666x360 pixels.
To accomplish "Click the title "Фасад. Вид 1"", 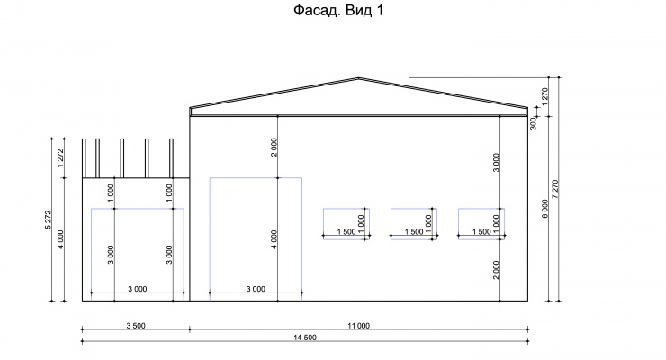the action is click(338, 10).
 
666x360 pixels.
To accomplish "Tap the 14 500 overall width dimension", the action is click(305, 337).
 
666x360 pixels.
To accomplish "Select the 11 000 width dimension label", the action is click(359, 326).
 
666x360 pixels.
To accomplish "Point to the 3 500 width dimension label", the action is click(136, 326).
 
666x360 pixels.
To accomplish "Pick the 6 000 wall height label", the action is click(544, 209).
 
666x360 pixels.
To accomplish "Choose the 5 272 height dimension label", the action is click(48, 220).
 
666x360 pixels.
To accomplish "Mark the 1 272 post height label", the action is click(60, 157).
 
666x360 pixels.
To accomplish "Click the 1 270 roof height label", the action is click(544, 97).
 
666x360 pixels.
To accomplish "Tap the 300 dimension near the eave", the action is click(534, 123).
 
